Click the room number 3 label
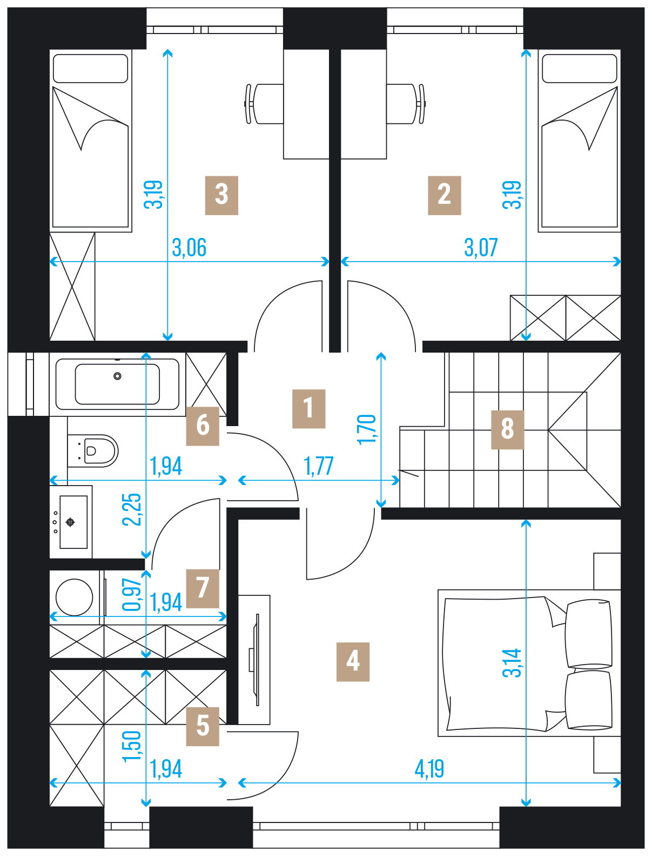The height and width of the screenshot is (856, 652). point(221,195)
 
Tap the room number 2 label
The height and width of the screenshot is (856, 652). point(444,195)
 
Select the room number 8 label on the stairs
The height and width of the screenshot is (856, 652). point(507,430)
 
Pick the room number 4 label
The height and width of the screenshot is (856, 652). point(353,662)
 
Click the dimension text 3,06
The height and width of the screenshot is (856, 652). point(189,248)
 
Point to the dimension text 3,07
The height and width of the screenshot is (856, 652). point(481,248)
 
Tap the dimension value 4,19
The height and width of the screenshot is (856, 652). point(429,768)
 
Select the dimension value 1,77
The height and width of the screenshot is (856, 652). point(318,466)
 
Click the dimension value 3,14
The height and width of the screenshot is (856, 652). point(512,662)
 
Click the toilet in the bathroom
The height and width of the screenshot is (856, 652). point(93,451)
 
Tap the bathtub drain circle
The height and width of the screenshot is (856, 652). point(117,376)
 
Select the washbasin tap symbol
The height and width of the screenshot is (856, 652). point(70,522)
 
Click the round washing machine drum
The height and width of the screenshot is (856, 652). point(74,597)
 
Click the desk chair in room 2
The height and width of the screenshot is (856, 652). point(406,104)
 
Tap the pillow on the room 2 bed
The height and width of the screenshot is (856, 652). point(579,69)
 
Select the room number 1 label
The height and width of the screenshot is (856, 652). point(308,409)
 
